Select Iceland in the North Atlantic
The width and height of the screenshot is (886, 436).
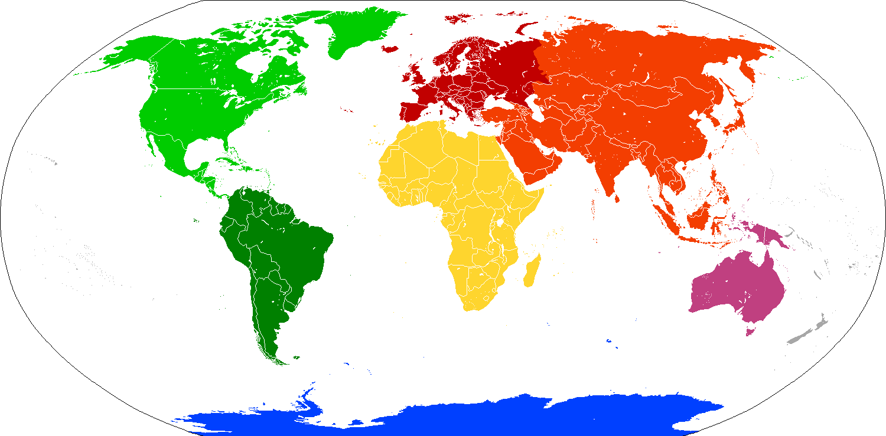pyautogui.click(x=390, y=49)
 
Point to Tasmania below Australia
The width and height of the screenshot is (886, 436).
pyautogui.click(x=750, y=331)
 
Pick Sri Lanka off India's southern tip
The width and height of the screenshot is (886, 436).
pyautogui.click(x=617, y=199)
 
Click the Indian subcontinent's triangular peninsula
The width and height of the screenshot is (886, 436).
pyautogui.click(x=608, y=171)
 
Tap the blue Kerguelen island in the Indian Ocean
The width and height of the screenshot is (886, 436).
pyautogui.click(x=610, y=340)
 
